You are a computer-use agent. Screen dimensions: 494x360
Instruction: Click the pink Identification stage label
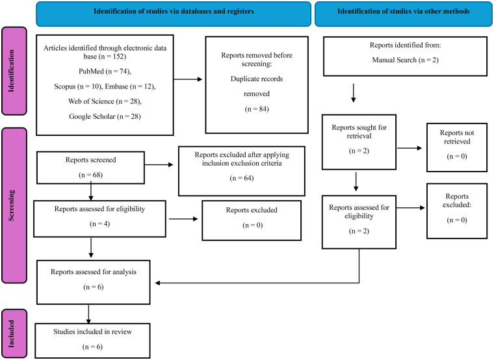14,71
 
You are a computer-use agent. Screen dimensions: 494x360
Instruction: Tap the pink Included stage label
14,333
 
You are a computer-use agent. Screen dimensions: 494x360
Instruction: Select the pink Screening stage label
14,205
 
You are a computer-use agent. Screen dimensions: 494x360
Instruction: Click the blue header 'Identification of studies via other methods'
404,14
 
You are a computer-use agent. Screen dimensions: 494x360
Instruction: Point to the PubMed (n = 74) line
105,71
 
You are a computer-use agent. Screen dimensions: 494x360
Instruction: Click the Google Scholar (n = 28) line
105,116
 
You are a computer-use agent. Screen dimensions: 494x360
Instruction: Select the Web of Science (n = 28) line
105,101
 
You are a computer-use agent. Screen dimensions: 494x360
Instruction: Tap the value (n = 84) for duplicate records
257,109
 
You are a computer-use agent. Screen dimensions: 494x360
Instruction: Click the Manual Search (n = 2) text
405,60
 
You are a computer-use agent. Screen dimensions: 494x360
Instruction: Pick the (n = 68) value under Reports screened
91,175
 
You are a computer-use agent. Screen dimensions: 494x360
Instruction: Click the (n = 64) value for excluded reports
242,178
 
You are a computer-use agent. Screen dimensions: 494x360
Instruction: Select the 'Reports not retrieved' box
457,148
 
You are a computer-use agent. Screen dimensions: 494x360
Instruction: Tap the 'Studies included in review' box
92,341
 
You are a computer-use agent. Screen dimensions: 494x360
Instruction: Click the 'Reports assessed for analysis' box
94,282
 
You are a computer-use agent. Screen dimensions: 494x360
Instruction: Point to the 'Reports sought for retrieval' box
359,142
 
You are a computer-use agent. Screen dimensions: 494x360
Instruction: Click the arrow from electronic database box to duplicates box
188,79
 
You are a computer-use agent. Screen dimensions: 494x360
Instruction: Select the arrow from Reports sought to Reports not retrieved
409,148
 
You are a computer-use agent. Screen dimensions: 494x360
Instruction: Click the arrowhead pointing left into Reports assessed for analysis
157,283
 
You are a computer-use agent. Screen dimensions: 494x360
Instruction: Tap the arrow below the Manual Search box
354,93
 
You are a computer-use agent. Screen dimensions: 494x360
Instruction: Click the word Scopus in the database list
65,86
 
